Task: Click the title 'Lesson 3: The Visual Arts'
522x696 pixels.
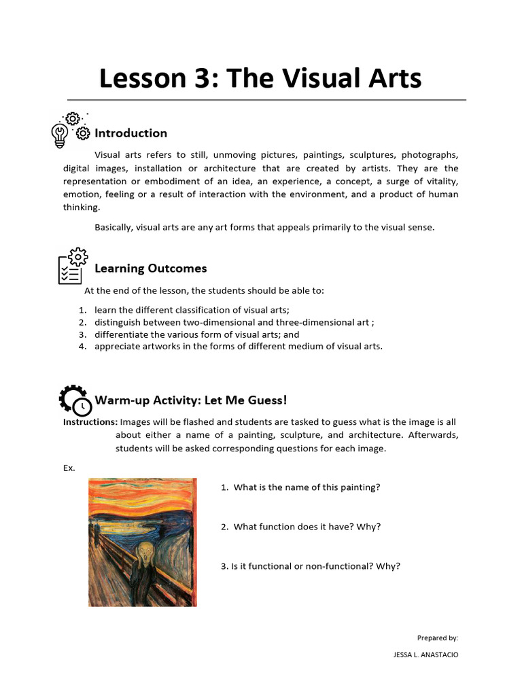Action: coord(260,78)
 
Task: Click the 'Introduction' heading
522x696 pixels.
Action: coord(130,133)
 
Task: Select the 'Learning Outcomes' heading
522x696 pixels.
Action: coord(150,268)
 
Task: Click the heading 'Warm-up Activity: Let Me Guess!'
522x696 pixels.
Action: coord(191,400)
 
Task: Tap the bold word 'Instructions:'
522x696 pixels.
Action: coord(90,422)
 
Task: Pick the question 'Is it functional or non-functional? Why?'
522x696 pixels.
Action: coord(311,566)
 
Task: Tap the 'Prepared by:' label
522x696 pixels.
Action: coord(437,638)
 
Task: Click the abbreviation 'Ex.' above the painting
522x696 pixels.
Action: coord(69,468)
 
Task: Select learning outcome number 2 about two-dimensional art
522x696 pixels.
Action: coord(234,322)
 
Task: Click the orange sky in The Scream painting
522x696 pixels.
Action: coord(142,496)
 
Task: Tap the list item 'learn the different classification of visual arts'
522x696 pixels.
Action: coord(192,310)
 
